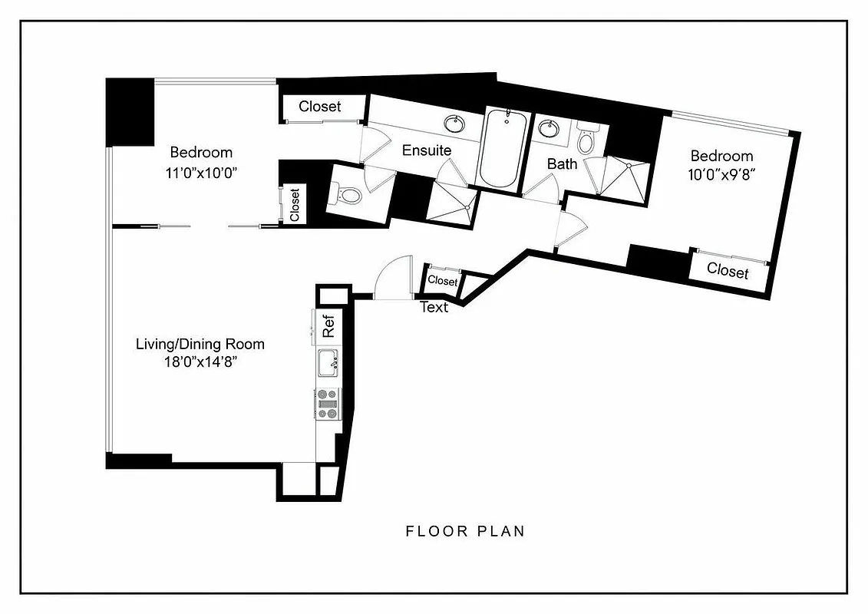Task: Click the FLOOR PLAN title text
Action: point(465,531)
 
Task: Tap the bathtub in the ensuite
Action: point(503,147)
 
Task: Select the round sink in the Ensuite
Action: point(453,123)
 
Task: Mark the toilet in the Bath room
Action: point(586,142)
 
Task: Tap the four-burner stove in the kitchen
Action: point(328,403)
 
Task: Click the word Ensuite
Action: point(427,150)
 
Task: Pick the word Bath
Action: point(562,163)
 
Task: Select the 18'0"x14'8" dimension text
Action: point(200,363)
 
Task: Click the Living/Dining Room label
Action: point(200,344)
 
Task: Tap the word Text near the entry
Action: point(434,308)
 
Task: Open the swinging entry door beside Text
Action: point(393,277)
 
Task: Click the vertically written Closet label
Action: point(295,205)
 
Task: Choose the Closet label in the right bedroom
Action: point(727,270)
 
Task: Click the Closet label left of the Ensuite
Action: point(320,107)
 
